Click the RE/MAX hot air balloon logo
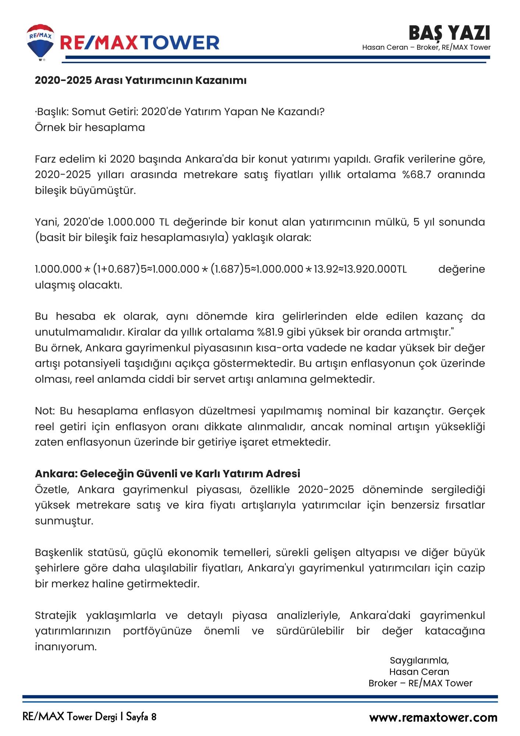click(x=40, y=42)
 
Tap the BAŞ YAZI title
click(x=449, y=33)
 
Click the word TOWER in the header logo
click(x=180, y=43)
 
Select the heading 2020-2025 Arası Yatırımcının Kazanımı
click(x=140, y=80)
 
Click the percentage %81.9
click(x=270, y=332)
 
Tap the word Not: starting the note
click(x=44, y=411)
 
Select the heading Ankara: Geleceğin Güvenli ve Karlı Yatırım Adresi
click(x=167, y=474)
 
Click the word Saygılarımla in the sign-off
click(x=419, y=660)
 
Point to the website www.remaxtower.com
click(x=433, y=717)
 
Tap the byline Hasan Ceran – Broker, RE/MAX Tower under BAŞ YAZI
click(x=426, y=47)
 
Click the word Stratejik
click(x=56, y=615)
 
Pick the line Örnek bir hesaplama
click(x=90, y=127)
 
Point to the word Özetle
click(x=52, y=489)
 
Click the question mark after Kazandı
click(x=322, y=112)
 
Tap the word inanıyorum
click(x=65, y=647)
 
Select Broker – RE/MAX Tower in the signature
click(x=420, y=683)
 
